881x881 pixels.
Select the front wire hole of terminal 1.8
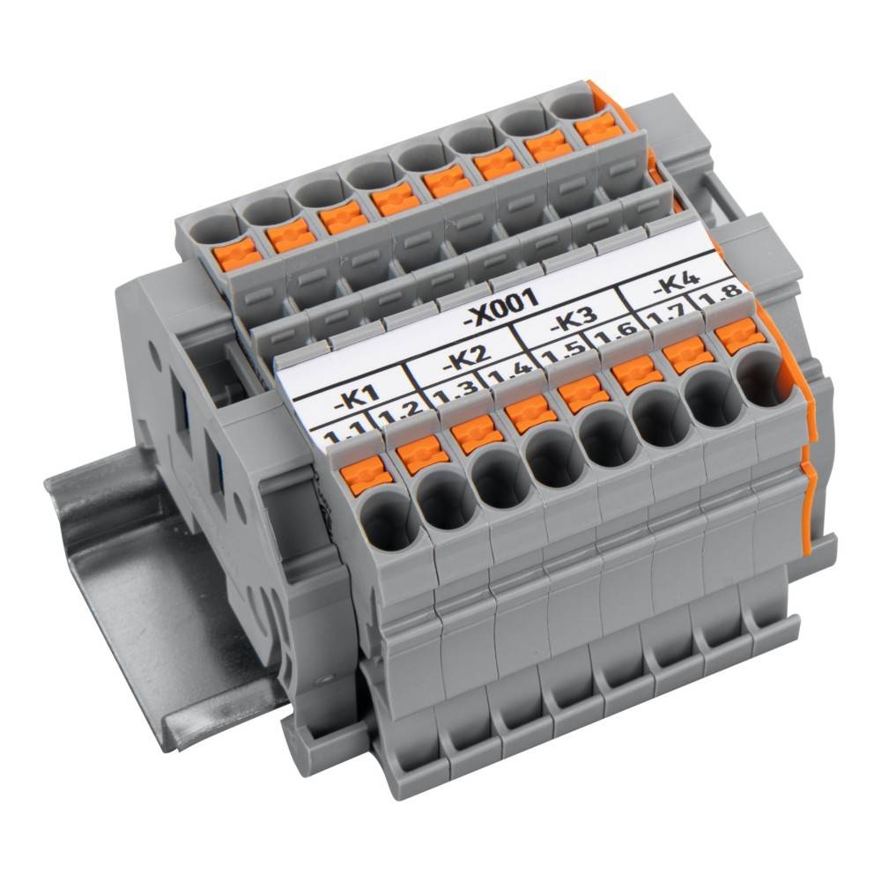759,376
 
